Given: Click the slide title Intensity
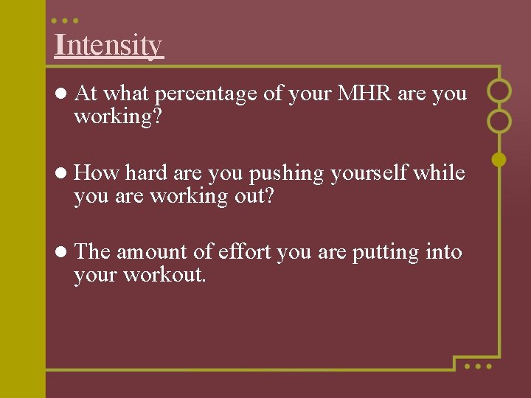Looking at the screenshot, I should pyautogui.click(x=108, y=45).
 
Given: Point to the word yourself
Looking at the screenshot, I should pyautogui.click(x=369, y=173).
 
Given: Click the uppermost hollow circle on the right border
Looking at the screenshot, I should pyautogui.click(x=499, y=91).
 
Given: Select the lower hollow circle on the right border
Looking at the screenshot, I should pyautogui.click(x=499, y=121).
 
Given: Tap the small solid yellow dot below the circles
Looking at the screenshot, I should pyautogui.click(x=499, y=158).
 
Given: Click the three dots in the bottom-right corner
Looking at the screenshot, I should pyautogui.click(x=477, y=366).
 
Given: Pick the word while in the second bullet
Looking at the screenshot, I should pyautogui.click(x=439, y=173).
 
